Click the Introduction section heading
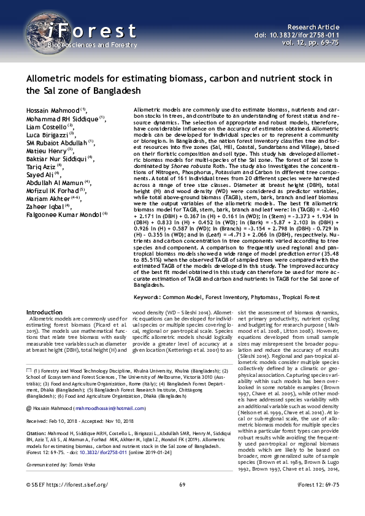[44, 312]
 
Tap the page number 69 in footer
[182, 502]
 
